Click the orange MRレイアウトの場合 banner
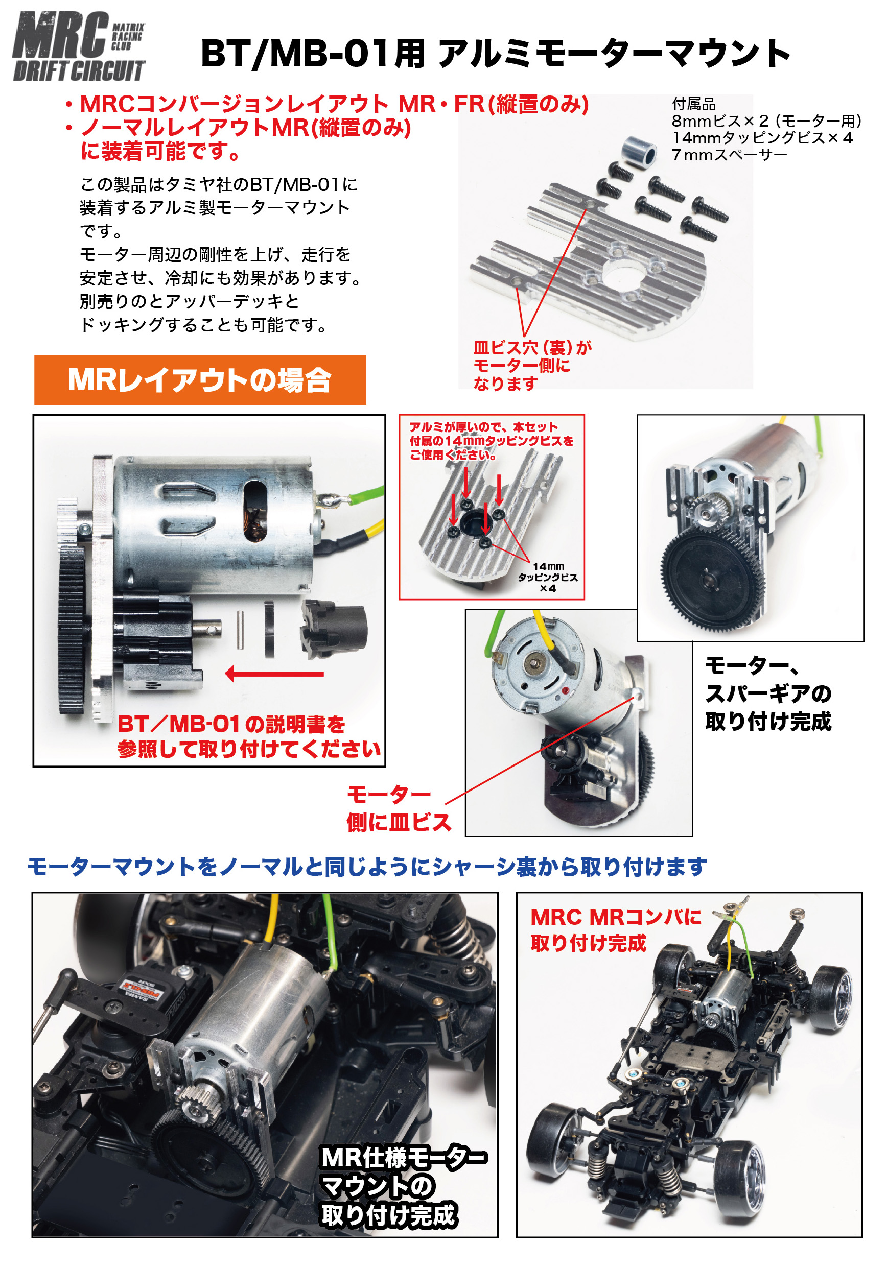pos(200,380)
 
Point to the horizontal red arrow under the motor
pos(274,674)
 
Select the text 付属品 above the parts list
pos(693,104)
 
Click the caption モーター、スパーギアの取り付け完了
pos(768,693)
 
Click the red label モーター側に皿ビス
pos(399,808)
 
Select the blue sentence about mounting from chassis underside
pos(367,867)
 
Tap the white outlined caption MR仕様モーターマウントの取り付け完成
pos(404,1187)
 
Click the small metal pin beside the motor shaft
pos(241,629)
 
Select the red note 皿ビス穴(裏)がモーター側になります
pos(532,365)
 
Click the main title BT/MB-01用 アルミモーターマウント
pos(496,54)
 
